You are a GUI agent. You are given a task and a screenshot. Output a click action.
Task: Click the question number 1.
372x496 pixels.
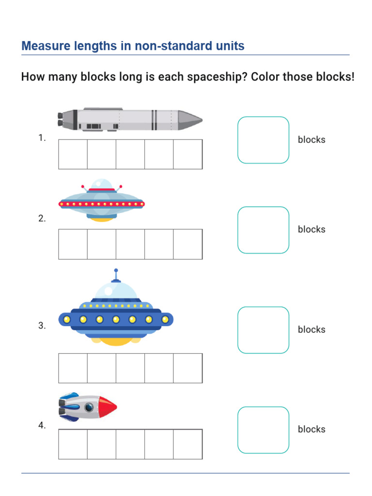42,138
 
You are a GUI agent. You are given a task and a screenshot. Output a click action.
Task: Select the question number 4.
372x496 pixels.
42,426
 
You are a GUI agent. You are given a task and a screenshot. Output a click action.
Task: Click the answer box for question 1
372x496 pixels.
263,140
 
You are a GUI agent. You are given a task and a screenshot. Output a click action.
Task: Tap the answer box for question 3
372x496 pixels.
263,330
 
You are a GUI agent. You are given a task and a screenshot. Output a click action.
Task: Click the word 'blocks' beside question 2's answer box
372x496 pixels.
311,230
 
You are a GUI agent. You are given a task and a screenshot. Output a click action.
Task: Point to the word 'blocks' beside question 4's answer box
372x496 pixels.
311,429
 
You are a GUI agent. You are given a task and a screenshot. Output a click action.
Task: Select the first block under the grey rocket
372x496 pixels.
73,155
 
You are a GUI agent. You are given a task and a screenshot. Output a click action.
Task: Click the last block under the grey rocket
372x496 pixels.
188,155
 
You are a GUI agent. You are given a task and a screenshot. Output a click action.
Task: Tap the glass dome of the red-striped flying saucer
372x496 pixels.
102,185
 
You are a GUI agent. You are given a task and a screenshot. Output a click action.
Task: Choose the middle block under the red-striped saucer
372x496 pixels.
130,245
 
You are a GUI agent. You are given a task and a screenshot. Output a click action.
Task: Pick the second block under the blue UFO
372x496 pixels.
102,368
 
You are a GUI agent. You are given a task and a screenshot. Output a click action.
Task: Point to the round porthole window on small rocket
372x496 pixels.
89,407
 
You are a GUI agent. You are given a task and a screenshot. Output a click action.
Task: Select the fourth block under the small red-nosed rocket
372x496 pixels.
159,444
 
